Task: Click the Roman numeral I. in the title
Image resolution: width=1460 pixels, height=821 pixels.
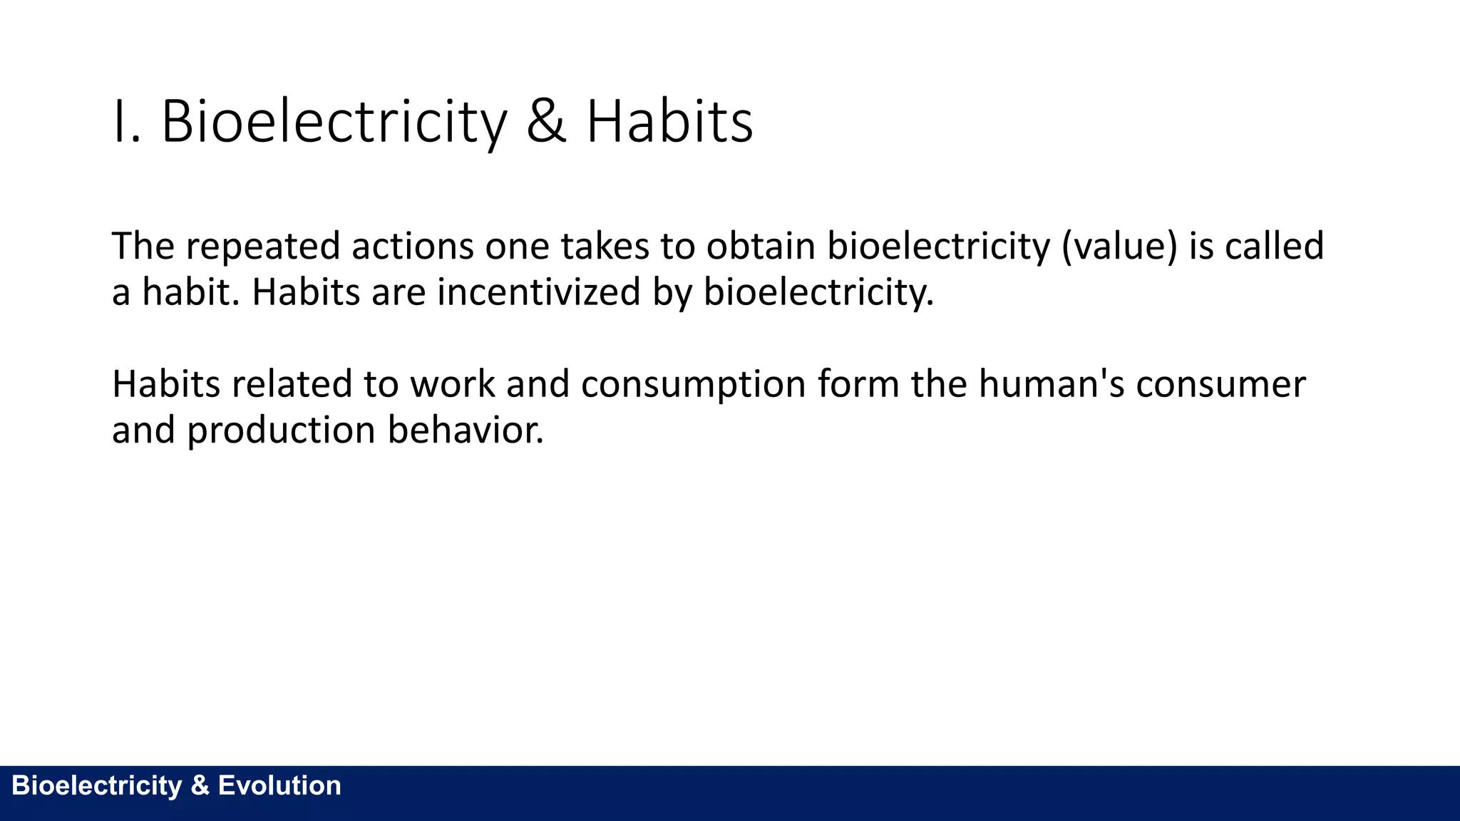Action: click(x=126, y=123)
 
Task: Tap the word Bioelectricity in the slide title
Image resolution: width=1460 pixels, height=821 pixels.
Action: click(x=334, y=123)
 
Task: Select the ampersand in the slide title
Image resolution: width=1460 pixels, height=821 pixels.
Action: click(x=546, y=123)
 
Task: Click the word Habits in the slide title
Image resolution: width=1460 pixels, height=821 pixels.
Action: click(x=669, y=123)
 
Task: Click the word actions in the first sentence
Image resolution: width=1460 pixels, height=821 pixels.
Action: click(x=413, y=247)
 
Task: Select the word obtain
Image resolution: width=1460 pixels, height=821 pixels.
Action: click(x=761, y=247)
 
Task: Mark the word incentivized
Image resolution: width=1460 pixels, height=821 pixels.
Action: click(x=539, y=292)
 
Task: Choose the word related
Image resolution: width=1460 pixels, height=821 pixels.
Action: click(x=292, y=384)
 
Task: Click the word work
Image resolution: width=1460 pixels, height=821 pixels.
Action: click(x=452, y=384)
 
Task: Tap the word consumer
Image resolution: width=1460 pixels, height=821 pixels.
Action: click(x=1220, y=386)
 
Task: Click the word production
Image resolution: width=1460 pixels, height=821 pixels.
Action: click(x=281, y=431)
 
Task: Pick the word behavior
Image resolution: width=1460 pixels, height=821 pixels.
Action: click(x=466, y=430)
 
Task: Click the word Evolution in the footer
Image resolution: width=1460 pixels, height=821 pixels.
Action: click(x=279, y=785)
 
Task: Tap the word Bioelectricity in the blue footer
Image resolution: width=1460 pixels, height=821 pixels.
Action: click(x=97, y=785)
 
